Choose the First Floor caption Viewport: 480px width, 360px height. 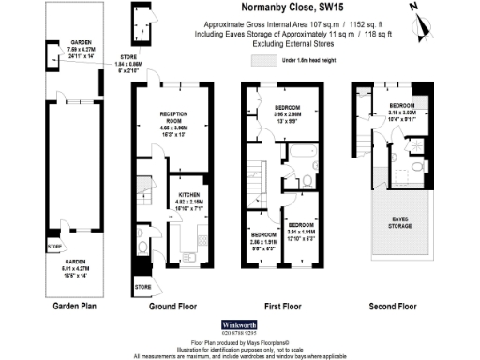pos(285,305)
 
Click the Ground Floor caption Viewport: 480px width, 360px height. pos(172,305)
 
